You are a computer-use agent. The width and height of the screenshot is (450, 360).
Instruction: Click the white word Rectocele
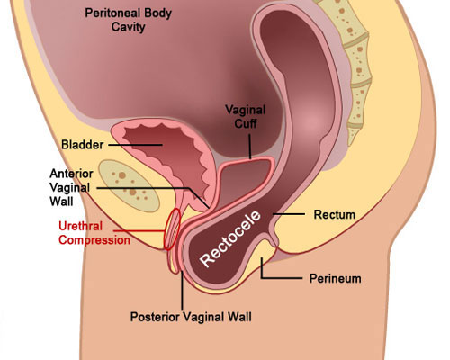coord(230,238)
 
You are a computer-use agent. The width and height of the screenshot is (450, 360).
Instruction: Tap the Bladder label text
coord(83,145)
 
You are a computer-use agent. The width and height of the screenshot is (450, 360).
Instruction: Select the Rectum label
coord(335,214)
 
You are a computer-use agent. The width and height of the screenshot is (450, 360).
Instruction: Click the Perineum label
coord(336,278)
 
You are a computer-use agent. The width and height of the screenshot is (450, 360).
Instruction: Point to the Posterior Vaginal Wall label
coord(191,317)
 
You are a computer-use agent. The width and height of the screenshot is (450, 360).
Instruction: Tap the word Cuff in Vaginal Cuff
coord(246,123)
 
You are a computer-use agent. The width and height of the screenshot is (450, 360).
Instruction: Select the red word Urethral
coord(80,226)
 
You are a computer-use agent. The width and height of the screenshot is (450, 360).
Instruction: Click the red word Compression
coord(94,240)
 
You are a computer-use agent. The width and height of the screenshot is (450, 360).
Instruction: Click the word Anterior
coord(71,174)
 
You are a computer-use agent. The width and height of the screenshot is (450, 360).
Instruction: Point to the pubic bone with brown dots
coord(129,186)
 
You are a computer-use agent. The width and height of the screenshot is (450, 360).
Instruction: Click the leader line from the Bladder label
coord(135,145)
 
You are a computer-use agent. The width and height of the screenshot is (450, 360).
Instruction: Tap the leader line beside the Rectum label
coord(289,214)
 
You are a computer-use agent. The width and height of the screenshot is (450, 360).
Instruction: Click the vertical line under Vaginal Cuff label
coord(250,147)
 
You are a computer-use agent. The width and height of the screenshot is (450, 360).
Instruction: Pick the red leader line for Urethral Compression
coord(139,231)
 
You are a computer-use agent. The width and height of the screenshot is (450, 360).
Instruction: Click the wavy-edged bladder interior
coord(168,156)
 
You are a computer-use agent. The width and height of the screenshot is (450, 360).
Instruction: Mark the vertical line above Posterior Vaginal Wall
coord(182,290)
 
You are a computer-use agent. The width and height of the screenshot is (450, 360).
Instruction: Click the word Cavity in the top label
coord(129,27)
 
